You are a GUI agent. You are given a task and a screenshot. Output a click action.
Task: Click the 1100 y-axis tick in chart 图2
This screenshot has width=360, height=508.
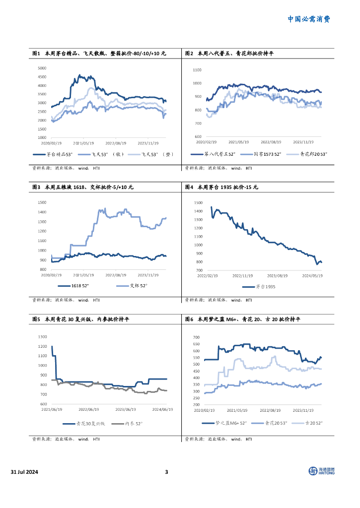tap(197, 70)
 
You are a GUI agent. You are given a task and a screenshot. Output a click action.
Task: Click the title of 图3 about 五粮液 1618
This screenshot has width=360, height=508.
tap(82, 188)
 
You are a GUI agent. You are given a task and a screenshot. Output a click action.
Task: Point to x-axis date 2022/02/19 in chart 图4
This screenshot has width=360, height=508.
tap(208, 275)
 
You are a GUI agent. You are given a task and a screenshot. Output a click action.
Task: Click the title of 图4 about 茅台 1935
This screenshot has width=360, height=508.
tap(221, 188)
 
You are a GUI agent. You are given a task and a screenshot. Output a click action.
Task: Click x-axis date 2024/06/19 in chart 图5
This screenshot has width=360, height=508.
tap(162, 410)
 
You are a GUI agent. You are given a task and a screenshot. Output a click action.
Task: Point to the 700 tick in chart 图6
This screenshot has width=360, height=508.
tap(196, 337)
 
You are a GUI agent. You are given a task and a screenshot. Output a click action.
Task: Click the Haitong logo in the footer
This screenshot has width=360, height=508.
tap(321, 471)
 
